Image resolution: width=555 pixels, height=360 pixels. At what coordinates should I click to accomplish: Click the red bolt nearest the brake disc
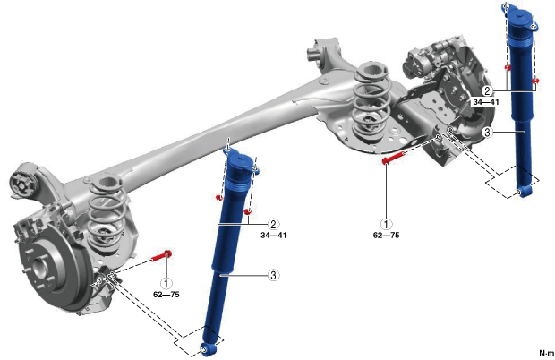[x=162, y=255]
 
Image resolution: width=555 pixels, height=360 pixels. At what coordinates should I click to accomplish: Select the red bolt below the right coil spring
[x=394, y=157]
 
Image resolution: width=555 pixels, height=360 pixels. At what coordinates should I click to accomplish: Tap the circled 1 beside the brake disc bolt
[x=166, y=283]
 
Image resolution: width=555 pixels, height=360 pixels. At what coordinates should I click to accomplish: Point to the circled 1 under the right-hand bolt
[x=386, y=224]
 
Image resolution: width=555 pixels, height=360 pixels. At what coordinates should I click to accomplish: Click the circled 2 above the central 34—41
[x=273, y=224]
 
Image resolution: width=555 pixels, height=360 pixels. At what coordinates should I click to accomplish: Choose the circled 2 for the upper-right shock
[x=487, y=91]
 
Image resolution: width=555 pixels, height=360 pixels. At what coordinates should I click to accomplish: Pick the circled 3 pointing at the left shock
[x=273, y=275]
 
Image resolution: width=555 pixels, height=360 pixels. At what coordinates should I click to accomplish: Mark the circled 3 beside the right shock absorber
[x=487, y=133]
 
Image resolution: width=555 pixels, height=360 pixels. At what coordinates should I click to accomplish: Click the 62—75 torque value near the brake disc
[x=166, y=295]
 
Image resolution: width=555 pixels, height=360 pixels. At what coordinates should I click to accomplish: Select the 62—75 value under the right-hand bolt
[x=386, y=235]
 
